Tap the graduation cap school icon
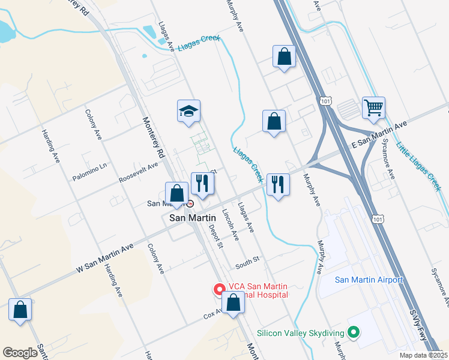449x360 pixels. (188, 111)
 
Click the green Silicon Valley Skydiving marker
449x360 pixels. (354, 332)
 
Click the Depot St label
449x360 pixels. (216, 236)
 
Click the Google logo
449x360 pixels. (20, 353)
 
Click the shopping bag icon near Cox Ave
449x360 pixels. (232, 304)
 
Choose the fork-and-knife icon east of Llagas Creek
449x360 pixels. (278, 184)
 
